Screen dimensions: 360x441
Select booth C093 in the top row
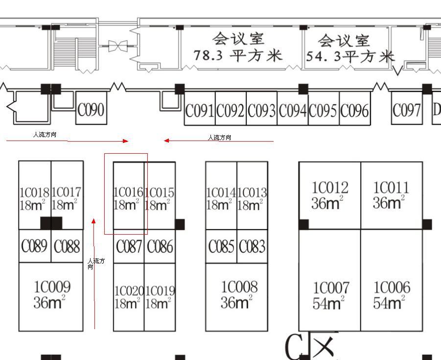(x=261, y=111)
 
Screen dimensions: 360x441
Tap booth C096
(x=354, y=111)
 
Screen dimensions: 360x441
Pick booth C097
(x=407, y=111)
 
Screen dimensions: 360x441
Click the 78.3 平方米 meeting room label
(x=238, y=48)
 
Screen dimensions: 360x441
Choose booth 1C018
(x=34, y=198)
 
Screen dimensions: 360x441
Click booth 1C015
(x=159, y=198)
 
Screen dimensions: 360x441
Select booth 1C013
(x=252, y=198)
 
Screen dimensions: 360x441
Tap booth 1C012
(x=330, y=195)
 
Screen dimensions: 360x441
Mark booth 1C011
(x=391, y=194)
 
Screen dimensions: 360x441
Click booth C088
(x=67, y=246)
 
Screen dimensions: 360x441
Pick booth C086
(x=160, y=246)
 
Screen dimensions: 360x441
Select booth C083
(x=252, y=246)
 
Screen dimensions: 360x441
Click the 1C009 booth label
(x=51, y=294)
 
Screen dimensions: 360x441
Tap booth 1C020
(x=129, y=297)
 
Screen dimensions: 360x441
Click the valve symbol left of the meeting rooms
(x=117, y=47)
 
